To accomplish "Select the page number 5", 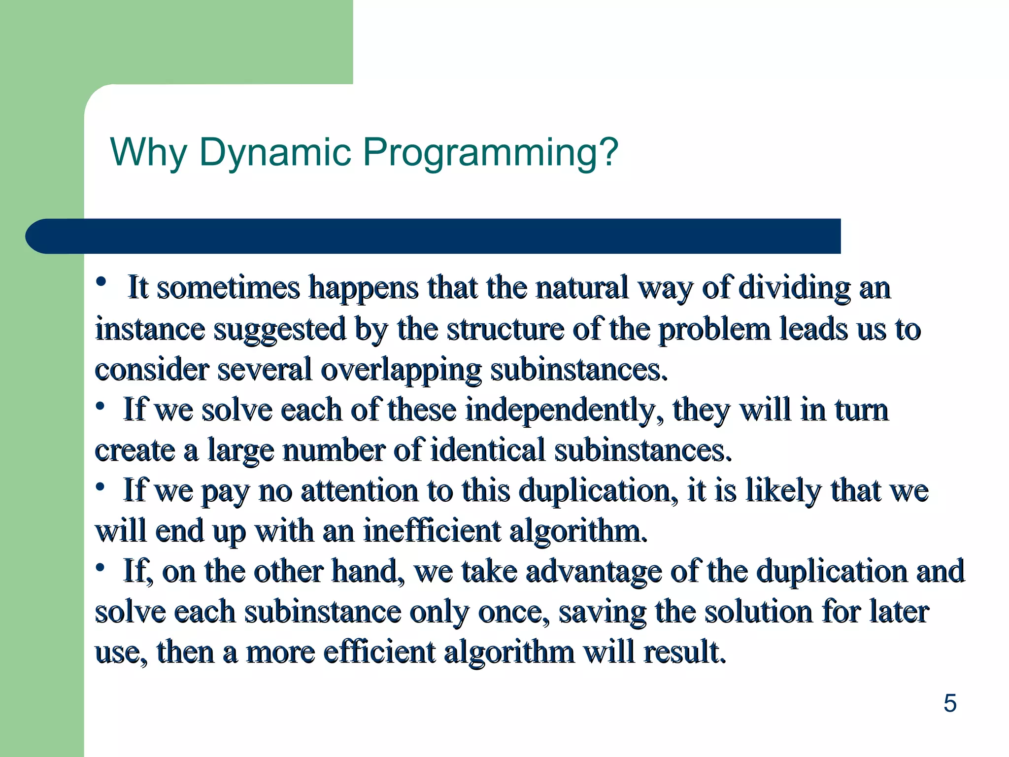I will pyautogui.click(x=950, y=703).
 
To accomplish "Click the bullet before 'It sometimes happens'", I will pyautogui.click(x=101, y=282).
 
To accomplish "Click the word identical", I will pyautogui.click(x=487, y=450).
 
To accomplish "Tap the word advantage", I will pyautogui.click(x=593, y=572).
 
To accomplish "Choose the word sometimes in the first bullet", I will pyautogui.click(x=228, y=288).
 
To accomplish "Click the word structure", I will pyautogui.click(x=505, y=329).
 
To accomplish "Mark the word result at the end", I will pyautogui.click(x=685, y=652).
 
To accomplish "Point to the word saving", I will pyautogui.click(x=602, y=613).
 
